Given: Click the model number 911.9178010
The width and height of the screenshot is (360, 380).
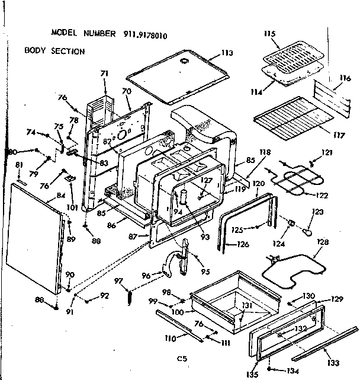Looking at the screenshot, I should (145, 34).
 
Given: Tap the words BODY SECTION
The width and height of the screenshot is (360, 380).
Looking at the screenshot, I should (54, 51).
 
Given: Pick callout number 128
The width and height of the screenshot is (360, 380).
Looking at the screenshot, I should (323, 242).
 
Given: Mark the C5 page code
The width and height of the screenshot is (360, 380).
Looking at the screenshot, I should (181, 357).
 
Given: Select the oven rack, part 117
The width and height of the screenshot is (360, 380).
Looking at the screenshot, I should (290, 122).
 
